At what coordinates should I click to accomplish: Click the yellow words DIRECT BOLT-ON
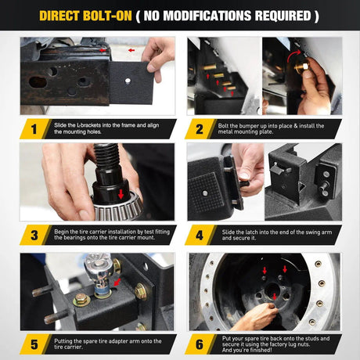(85, 16)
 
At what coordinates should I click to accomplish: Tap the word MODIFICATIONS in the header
(207, 16)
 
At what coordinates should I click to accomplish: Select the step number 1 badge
(34, 129)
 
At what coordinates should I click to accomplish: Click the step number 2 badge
(200, 129)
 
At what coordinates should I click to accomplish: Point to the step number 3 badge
(34, 235)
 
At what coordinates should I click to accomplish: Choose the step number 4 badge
(200, 235)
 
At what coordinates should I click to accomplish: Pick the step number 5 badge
(34, 344)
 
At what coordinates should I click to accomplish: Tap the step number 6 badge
(200, 344)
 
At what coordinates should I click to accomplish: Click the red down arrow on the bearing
(121, 194)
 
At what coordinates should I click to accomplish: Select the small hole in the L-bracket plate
(128, 81)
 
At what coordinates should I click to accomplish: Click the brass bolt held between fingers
(302, 66)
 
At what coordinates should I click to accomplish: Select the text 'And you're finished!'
(247, 350)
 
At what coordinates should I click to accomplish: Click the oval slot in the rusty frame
(38, 82)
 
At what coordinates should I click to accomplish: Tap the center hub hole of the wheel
(272, 289)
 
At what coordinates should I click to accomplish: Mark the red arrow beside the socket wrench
(117, 282)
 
